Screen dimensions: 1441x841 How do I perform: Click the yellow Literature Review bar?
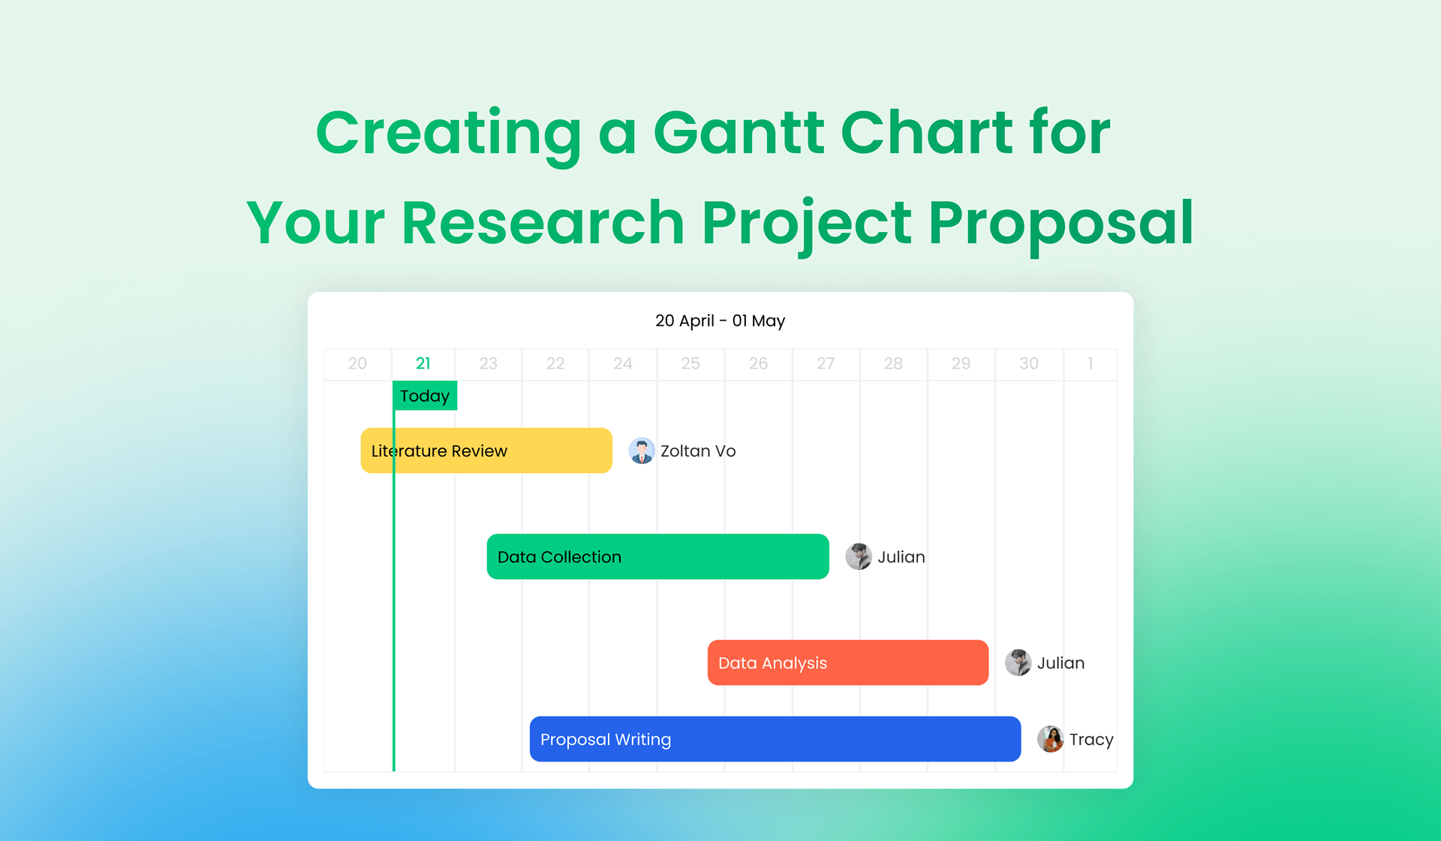(486, 451)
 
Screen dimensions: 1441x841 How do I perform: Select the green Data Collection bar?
(658, 556)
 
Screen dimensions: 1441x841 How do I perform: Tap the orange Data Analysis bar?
(848, 662)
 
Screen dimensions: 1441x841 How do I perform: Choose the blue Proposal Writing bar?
(775, 739)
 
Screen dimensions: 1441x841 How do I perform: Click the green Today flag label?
(425, 396)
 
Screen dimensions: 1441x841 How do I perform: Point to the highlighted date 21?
(423, 363)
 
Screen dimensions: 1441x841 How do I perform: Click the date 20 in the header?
(357, 363)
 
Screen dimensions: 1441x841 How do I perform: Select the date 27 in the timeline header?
(826, 363)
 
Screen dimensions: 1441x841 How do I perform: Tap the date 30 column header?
(1029, 363)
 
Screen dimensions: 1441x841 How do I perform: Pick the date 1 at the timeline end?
(1091, 363)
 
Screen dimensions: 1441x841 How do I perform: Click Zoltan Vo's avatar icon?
(642, 451)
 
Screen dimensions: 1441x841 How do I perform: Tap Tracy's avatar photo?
(1051, 739)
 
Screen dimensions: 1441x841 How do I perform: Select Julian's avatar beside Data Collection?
(859, 556)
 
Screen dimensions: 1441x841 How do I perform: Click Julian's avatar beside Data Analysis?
(1018, 662)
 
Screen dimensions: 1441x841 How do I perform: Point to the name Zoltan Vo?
(698, 451)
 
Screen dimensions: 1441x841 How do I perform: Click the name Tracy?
(1091, 740)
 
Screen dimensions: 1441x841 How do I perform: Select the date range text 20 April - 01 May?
(720, 321)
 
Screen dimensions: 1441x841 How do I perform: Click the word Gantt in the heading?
(739, 132)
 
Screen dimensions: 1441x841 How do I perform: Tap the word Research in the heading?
(543, 222)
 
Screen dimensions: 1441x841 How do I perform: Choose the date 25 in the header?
(690, 363)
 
